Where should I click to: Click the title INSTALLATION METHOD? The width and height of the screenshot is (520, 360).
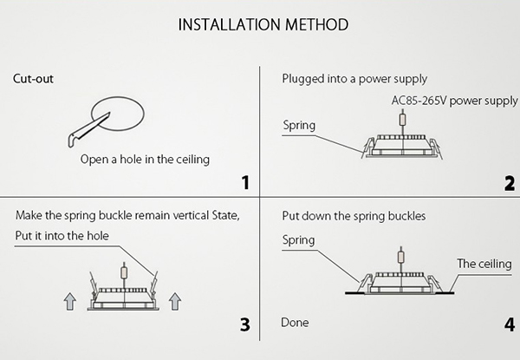tap(263, 23)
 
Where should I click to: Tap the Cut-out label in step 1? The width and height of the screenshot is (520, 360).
tap(33, 78)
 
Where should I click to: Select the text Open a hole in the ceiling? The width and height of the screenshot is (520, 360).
tap(145, 159)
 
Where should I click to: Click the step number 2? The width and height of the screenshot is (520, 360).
tap(509, 182)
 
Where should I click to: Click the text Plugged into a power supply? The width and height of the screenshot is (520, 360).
tap(355, 79)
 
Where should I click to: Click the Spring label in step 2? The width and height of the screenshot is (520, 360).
tap(299, 126)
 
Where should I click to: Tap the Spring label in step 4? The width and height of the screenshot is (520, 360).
tap(299, 239)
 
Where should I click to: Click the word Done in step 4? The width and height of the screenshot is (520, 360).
tap(295, 323)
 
